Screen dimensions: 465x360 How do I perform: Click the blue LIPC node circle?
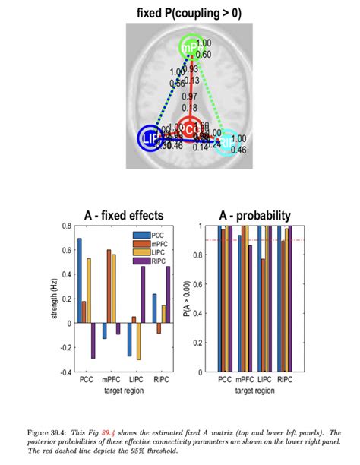150,138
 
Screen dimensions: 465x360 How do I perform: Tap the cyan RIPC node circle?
226,142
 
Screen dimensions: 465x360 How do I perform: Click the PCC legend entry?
156,235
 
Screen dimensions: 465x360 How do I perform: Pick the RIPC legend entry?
157,261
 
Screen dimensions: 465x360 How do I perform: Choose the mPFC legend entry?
157,243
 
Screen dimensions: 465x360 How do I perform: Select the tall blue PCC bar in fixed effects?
79,280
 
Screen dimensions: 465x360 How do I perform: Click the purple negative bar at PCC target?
93,340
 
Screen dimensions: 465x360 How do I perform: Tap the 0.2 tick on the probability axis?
201,343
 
